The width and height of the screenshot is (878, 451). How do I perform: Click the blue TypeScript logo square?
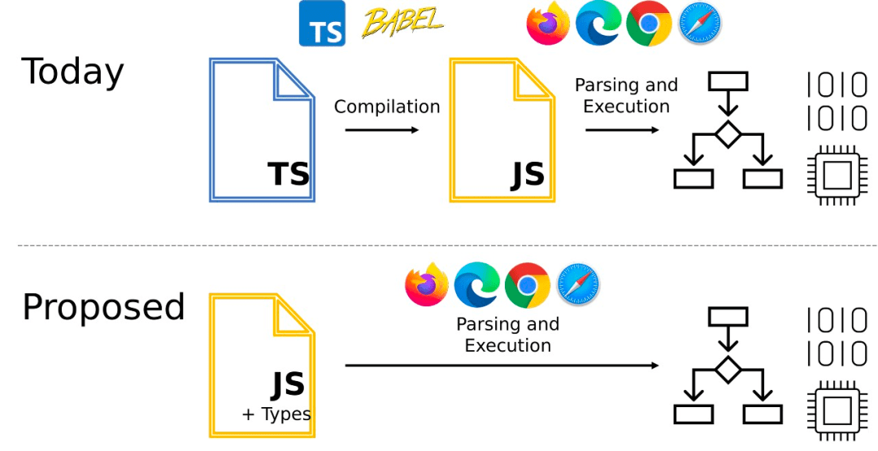click(322, 24)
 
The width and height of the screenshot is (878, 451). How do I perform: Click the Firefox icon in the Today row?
click(548, 24)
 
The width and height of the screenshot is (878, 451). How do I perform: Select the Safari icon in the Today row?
click(699, 24)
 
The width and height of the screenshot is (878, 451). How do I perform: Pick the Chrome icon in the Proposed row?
click(528, 284)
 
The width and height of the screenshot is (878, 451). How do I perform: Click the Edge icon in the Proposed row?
click(477, 284)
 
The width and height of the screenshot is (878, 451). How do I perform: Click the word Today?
click(72, 72)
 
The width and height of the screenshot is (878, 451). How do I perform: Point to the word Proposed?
click(103, 307)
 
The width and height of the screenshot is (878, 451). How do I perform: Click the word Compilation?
click(387, 106)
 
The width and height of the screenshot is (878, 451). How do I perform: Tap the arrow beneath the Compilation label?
click(382, 130)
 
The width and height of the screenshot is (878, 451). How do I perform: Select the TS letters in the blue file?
click(289, 174)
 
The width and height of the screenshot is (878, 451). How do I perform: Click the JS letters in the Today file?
click(528, 175)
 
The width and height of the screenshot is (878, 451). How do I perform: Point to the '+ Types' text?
click(276, 414)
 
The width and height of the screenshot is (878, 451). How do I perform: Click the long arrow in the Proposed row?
click(502, 366)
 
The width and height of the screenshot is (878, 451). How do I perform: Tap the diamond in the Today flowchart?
click(728, 134)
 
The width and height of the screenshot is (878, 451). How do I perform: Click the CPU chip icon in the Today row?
click(837, 172)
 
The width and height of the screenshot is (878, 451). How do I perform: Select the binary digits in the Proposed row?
click(837, 337)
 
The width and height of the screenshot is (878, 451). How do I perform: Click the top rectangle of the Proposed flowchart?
click(728, 316)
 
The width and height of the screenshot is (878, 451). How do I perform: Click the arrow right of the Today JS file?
click(622, 130)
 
